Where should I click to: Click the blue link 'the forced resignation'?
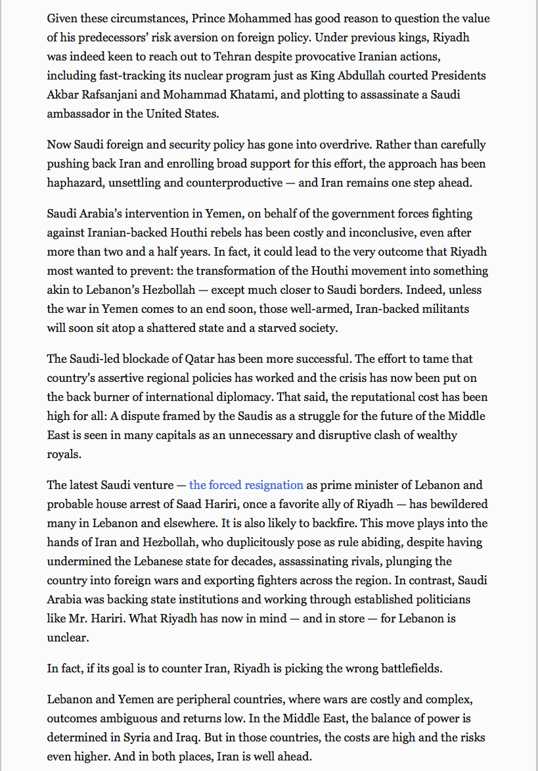tap(246, 485)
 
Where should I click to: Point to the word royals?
tap(64, 454)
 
